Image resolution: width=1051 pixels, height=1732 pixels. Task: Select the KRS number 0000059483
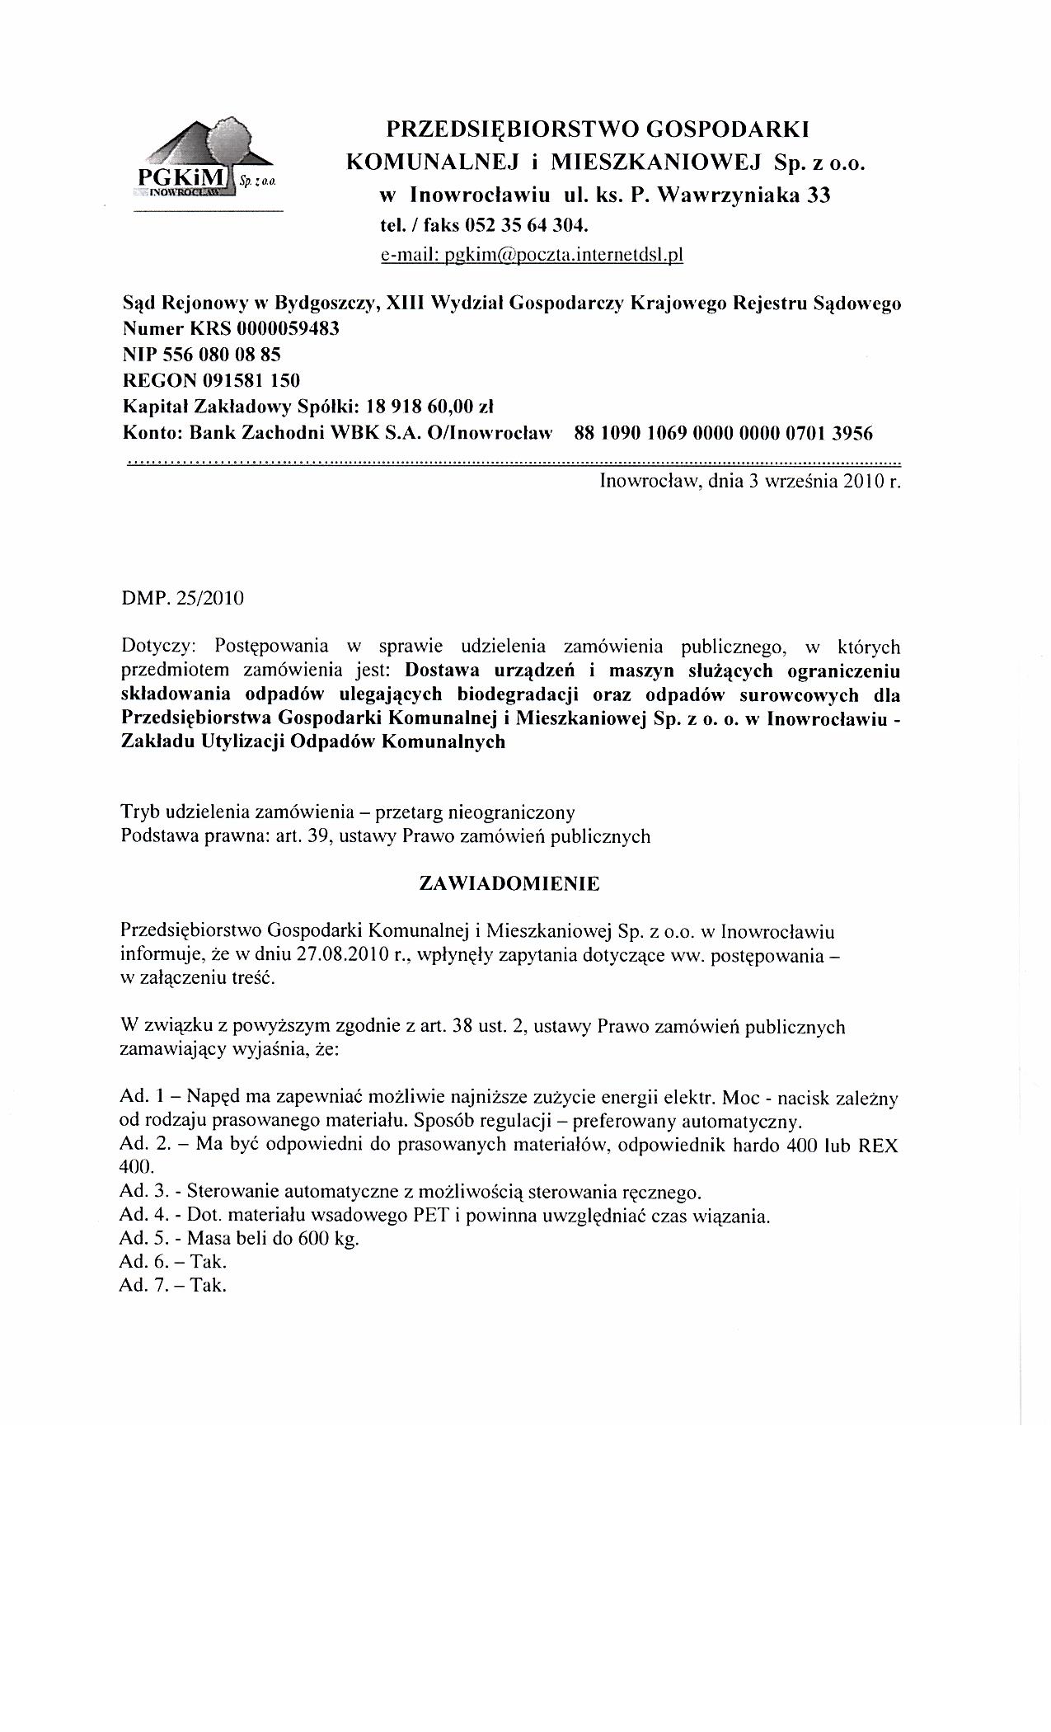click(x=288, y=329)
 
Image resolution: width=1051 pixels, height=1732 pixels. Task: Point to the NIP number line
click(x=202, y=355)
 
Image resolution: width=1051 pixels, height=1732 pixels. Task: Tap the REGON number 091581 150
click(x=246, y=380)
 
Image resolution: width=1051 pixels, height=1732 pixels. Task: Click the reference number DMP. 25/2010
click(x=182, y=597)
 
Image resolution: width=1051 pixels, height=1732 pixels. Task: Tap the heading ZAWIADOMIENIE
click(x=509, y=883)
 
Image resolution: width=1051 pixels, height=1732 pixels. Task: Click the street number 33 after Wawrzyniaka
click(x=818, y=195)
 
